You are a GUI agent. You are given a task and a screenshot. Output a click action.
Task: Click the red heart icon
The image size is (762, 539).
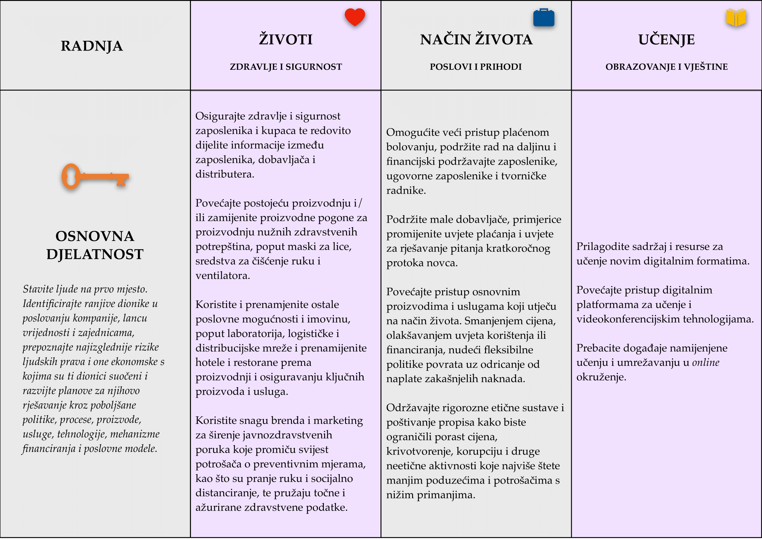pyautogui.click(x=354, y=17)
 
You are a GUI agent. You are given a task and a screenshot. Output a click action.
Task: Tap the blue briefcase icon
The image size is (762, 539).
pyautogui.click(x=544, y=18)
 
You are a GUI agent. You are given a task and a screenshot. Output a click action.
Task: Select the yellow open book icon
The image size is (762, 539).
pyautogui.click(x=736, y=17)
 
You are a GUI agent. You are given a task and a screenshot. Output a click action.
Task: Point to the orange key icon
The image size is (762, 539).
pyautogui.click(x=95, y=176)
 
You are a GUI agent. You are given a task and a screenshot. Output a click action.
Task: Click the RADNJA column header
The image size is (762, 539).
pyautogui.click(x=92, y=46)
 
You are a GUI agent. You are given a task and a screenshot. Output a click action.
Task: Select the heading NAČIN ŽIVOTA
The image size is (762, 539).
pyautogui.click(x=476, y=39)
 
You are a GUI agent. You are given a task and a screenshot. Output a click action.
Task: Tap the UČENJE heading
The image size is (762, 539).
pyautogui.click(x=667, y=39)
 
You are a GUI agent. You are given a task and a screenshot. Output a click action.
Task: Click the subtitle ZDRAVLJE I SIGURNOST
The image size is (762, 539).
pyautogui.click(x=286, y=67)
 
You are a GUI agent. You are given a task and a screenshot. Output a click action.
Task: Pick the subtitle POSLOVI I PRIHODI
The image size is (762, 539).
pyautogui.click(x=476, y=67)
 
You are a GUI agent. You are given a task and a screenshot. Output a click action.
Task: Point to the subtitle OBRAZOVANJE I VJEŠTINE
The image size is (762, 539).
pyautogui.click(x=667, y=67)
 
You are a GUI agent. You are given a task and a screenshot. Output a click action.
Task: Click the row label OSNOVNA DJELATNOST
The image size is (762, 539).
pyautogui.click(x=95, y=245)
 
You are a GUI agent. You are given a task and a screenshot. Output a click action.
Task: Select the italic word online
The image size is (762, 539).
pyautogui.click(x=706, y=363)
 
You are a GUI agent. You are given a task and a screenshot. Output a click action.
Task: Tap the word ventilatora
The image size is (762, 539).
pyautogui.click(x=223, y=276)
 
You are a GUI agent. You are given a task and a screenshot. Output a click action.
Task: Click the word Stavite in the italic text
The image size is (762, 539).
pyautogui.click(x=37, y=289)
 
